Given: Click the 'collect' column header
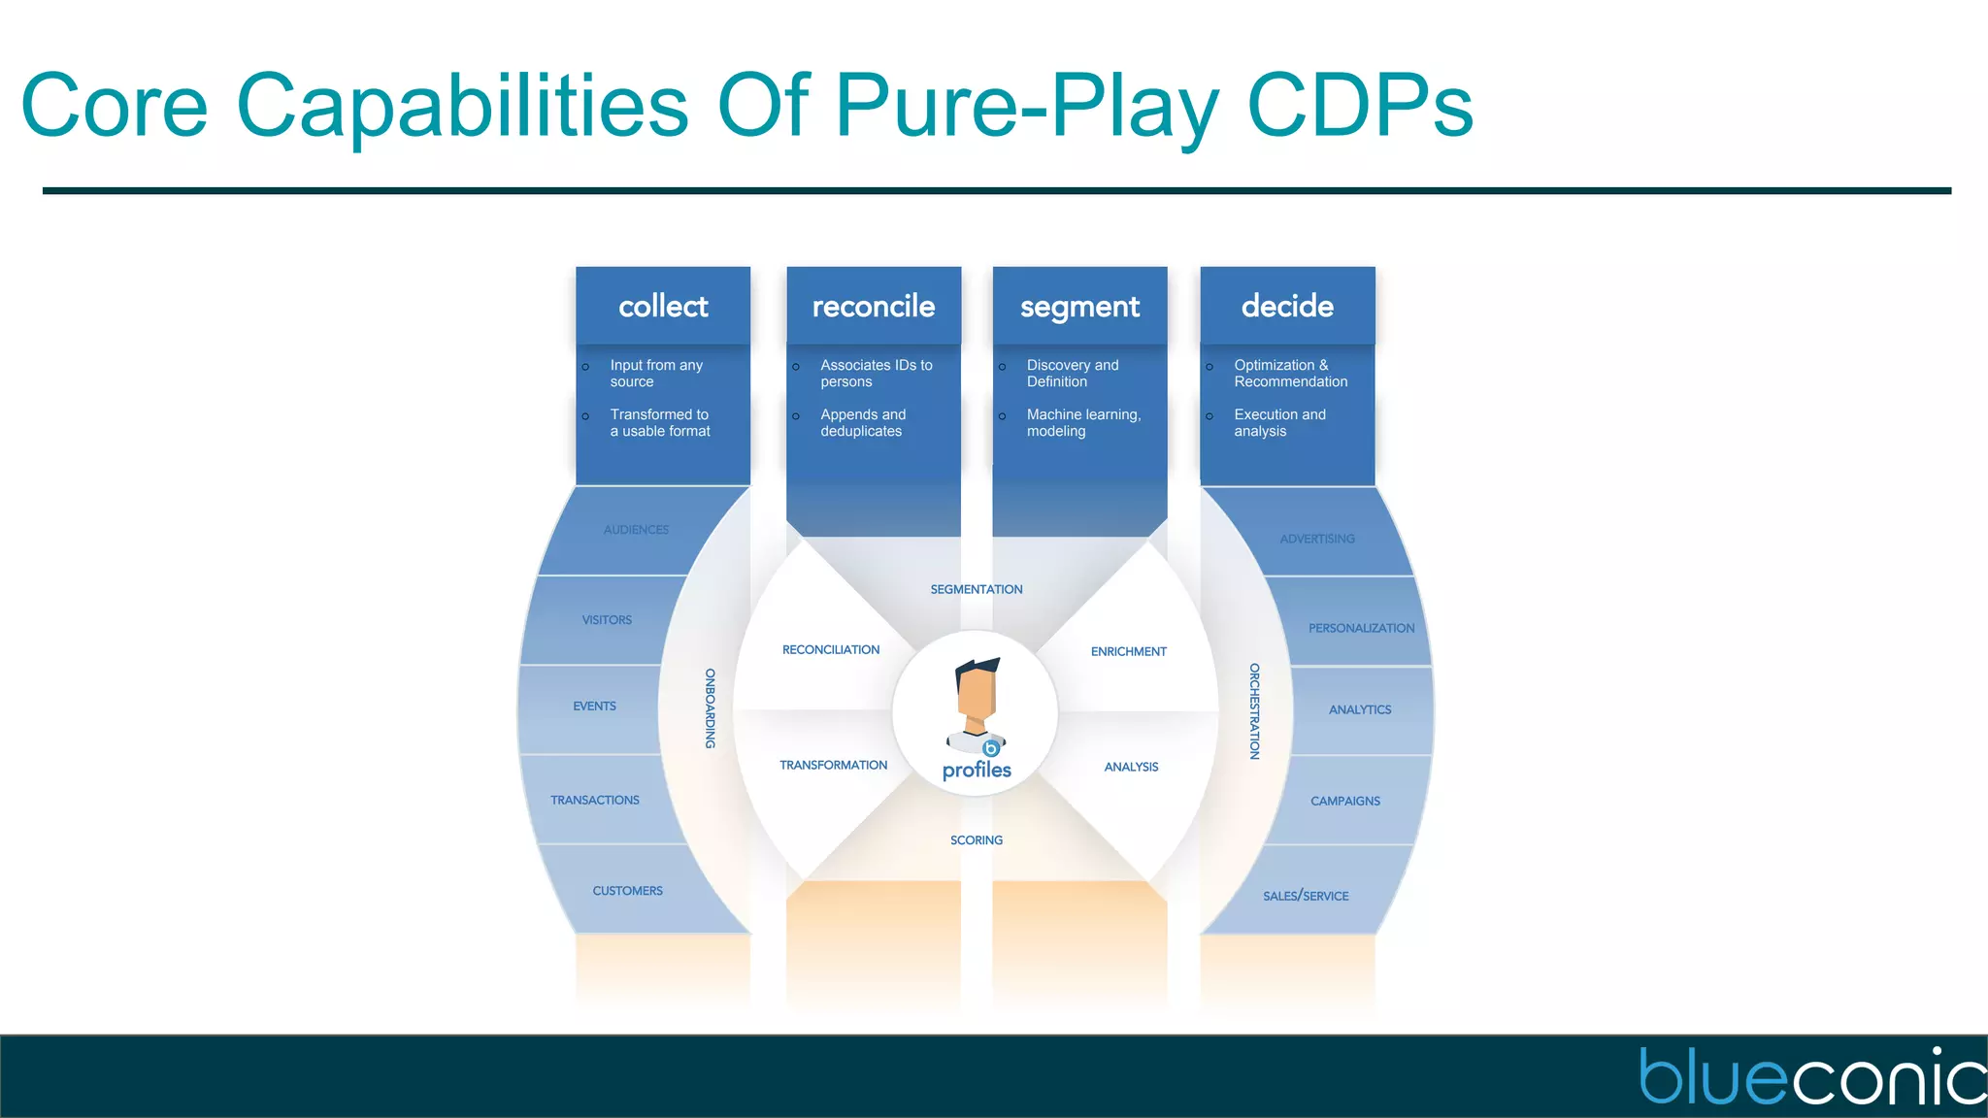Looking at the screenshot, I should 663,307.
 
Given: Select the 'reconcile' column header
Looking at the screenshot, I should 874,307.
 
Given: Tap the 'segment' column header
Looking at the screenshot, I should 1079,308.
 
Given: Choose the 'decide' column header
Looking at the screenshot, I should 1287,307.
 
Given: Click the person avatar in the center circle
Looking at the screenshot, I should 977,704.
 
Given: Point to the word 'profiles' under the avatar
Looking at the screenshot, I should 977,771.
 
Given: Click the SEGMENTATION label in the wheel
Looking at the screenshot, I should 977,589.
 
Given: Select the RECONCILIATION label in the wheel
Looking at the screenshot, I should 831,650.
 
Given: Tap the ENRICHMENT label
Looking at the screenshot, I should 1129,652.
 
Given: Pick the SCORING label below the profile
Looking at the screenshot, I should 977,840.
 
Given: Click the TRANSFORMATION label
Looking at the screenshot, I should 833,766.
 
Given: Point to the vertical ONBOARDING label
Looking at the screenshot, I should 711,707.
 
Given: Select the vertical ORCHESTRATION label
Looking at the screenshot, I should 1254,710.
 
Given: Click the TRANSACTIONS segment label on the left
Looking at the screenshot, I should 595,801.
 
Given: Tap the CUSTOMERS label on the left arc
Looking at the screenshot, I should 628,891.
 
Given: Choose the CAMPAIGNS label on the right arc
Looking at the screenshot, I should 1345,802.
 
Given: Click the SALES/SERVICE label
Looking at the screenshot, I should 1306,896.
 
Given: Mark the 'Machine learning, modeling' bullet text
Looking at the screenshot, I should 1083,423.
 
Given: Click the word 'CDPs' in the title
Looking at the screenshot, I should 1360,105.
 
